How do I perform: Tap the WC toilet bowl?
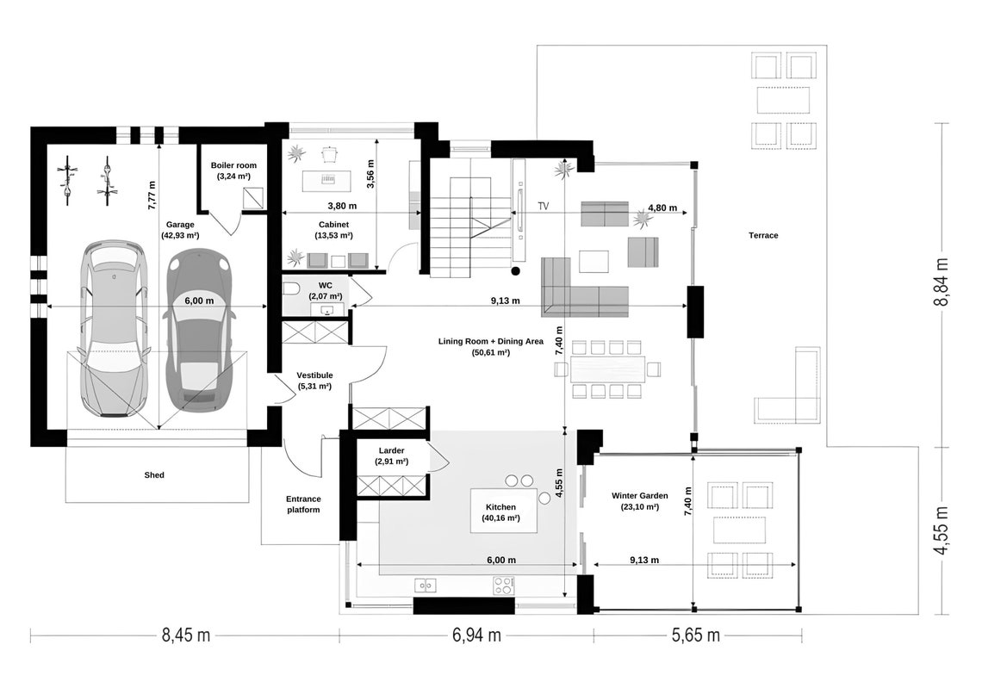[291, 289]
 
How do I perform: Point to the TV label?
[544, 207]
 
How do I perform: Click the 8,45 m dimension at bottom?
[186, 636]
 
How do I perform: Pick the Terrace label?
[763, 235]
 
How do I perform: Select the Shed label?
[154, 474]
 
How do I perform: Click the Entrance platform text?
[303, 505]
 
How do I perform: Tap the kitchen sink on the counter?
[425, 586]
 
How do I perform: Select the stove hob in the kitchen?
[503, 586]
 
